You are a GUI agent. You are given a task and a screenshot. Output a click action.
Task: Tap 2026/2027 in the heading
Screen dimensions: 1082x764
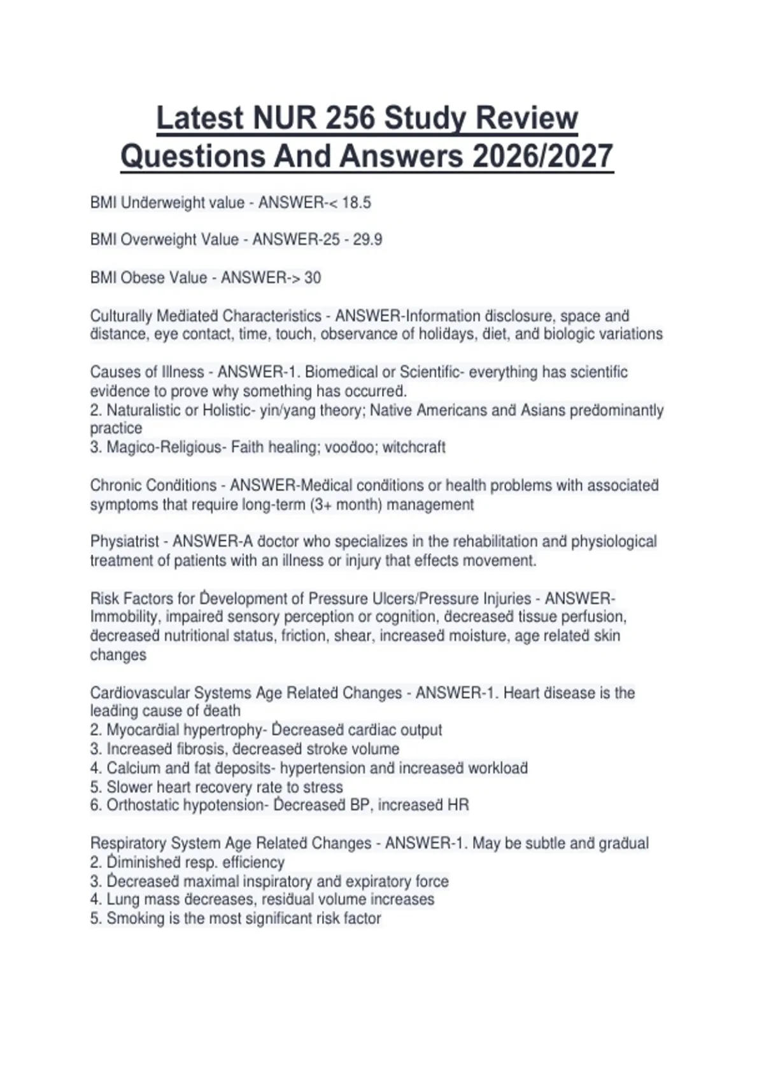(542, 156)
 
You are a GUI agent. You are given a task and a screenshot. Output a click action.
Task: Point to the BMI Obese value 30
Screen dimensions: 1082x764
(313, 278)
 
